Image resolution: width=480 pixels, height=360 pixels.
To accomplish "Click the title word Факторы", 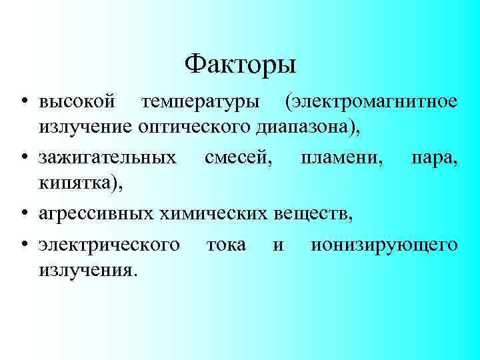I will (240, 65).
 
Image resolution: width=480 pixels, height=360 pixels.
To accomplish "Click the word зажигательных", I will (107, 157).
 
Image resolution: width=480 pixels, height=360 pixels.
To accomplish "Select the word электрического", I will (109, 245).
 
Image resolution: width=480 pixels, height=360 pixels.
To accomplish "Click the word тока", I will (226, 245).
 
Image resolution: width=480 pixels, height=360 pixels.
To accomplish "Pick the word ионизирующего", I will (384, 245).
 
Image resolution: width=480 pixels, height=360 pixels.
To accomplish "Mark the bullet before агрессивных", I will (24, 215).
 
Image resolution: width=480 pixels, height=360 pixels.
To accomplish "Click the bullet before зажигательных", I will (24, 159).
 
